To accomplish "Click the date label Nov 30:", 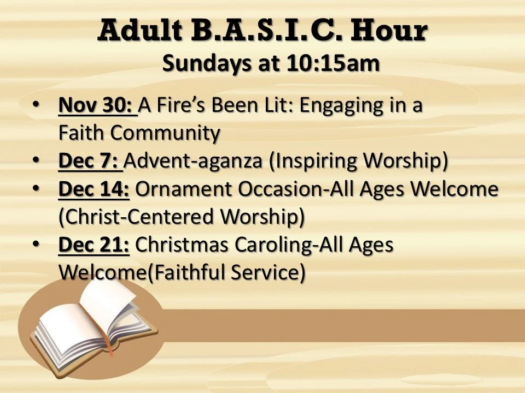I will coord(97,105).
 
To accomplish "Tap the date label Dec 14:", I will coord(94,189).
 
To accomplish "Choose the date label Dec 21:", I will coord(94,245).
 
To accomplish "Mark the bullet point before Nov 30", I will coord(36,104).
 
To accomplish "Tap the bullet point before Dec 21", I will coord(36,244).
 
